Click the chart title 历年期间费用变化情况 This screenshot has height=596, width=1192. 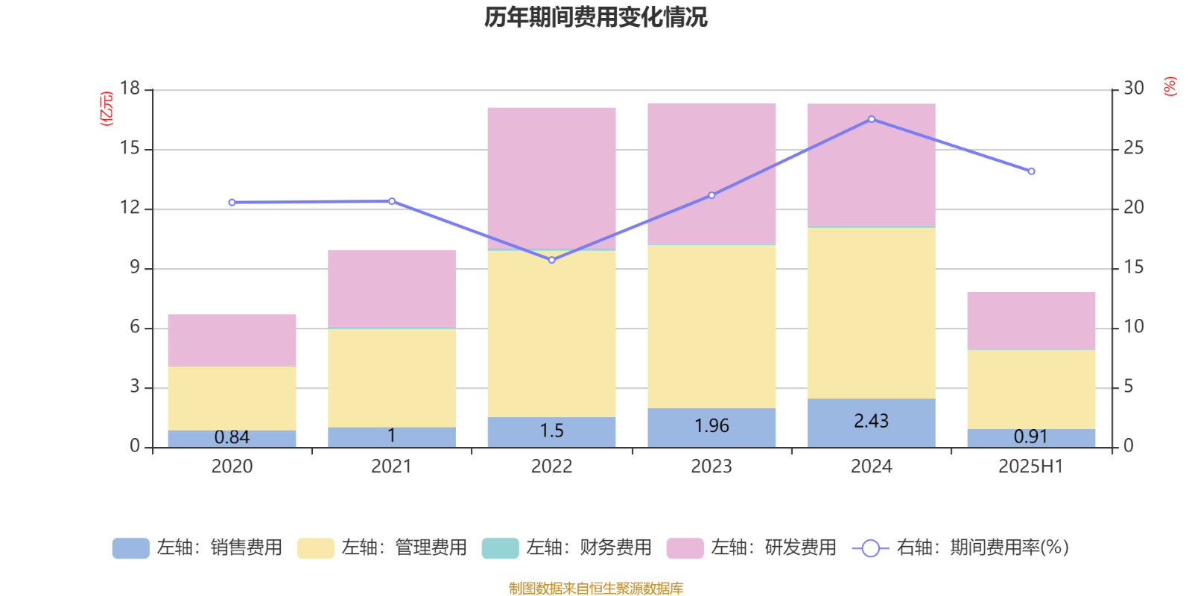595,16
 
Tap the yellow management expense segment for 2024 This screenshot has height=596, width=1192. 872,313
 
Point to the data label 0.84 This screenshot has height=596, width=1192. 232,437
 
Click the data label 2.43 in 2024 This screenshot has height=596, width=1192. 871,421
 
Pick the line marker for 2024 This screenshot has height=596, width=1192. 872,119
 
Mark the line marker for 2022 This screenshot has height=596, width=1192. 552,260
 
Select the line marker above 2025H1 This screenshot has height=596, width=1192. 1031,171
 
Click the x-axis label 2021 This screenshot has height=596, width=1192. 391,466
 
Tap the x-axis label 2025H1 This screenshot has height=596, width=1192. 1030,466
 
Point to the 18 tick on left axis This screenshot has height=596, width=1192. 130,89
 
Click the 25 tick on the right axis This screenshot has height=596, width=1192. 1133,148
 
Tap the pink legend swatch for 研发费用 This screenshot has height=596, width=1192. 685,548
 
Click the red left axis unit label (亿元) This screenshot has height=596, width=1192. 107,109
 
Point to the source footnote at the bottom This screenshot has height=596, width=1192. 595,589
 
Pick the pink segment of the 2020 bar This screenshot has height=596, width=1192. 232,340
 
